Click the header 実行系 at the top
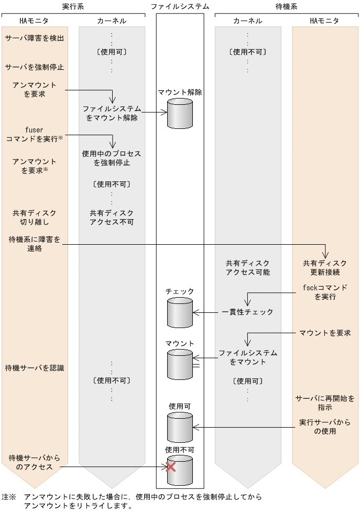click(73, 6)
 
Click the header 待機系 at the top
click(287, 6)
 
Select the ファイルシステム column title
click(180, 6)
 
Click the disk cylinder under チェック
click(180, 313)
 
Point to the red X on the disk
click(171, 466)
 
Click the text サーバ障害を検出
click(35, 39)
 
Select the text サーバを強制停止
click(35, 67)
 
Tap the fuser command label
click(35, 134)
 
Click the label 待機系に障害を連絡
click(35, 244)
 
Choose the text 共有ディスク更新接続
click(325, 267)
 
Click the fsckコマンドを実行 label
click(325, 292)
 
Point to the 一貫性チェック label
click(247, 312)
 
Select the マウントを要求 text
click(325, 333)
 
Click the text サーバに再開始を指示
click(325, 402)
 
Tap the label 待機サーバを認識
click(35, 368)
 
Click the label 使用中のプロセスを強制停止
click(112, 158)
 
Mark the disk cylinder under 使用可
click(180, 427)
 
